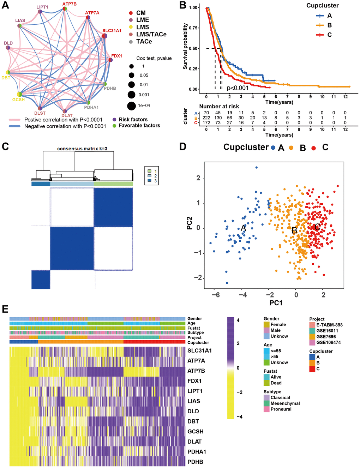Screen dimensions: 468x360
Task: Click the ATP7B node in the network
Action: (65, 9)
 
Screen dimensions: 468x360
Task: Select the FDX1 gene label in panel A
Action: (116, 56)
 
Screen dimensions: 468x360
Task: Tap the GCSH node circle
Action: (20, 94)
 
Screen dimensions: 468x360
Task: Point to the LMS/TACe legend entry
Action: (151, 34)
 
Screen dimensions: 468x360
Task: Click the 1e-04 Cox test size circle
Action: (132, 106)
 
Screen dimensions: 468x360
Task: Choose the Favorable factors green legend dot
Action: (114, 126)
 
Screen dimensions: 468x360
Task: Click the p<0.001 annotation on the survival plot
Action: (238, 88)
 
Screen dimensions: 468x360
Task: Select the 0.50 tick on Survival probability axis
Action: (193, 48)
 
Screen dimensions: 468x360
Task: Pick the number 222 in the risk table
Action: (206, 118)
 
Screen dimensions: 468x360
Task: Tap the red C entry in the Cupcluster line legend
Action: (320, 35)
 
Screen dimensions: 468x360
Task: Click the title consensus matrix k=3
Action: (82, 149)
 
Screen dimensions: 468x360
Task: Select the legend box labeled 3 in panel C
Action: (150, 181)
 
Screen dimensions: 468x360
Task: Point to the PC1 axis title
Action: (276, 303)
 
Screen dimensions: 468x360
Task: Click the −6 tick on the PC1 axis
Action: (215, 295)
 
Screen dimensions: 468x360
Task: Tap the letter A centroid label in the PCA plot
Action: (243, 228)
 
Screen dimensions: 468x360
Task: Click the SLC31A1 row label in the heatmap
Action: (199, 351)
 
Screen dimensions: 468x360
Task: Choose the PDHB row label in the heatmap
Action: (195, 462)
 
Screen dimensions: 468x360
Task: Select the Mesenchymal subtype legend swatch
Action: (266, 403)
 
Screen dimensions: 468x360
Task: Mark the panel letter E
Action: (5, 310)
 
